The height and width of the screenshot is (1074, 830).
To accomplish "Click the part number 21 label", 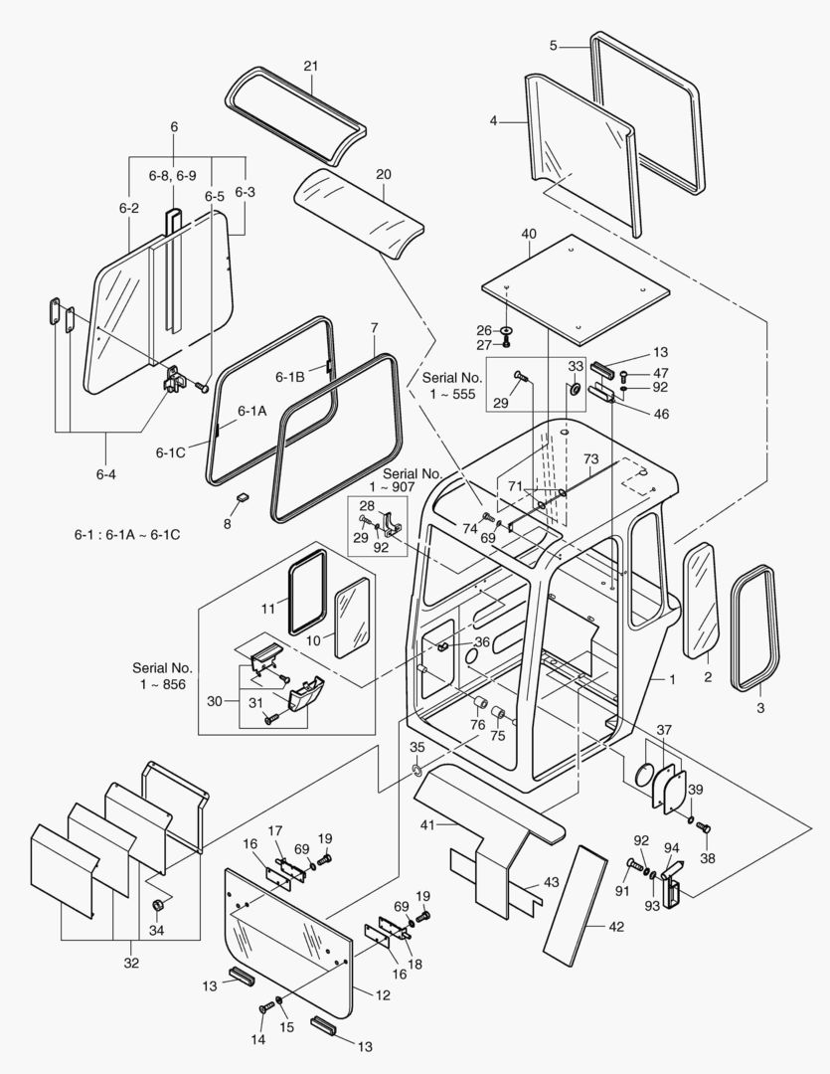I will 310,66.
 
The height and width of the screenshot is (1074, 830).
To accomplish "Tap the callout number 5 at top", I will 554,45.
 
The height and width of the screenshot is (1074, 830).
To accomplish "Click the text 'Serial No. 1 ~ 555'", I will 453,386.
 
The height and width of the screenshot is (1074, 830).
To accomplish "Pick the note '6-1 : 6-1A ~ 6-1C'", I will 126,535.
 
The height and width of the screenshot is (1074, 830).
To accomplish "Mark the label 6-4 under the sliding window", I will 106,473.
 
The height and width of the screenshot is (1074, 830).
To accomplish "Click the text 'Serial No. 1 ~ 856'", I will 162,676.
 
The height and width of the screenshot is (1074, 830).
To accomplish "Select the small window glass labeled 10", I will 351,619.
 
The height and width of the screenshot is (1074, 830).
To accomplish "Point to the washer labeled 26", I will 507,331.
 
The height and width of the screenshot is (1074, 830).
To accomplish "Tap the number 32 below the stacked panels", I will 130,963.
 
